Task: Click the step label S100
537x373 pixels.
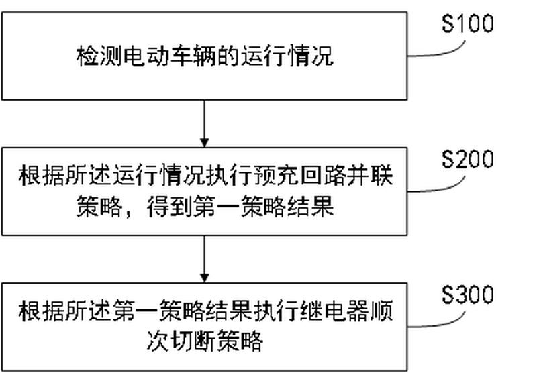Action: coord(467,23)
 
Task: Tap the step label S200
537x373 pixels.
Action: coord(467,159)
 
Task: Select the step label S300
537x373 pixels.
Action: coord(467,295)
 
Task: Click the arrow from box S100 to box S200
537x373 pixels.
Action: coord(205,123)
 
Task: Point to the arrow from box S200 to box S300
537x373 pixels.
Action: coord(205,259)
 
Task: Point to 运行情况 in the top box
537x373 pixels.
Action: coord(287,56)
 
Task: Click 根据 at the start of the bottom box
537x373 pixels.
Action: coord(42,311)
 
